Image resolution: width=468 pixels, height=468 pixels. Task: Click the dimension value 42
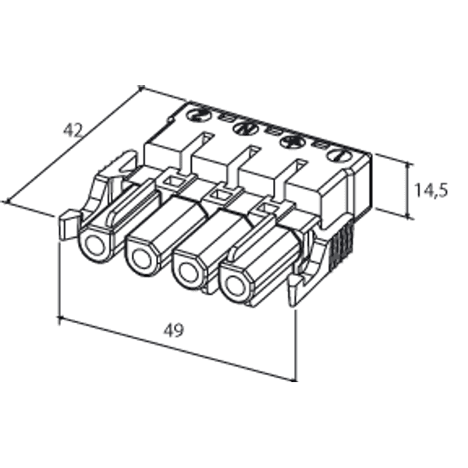coord(73,130)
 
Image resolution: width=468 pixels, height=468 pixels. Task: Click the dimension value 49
coord(173,330)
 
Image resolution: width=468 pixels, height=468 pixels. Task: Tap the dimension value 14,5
coord(431,190)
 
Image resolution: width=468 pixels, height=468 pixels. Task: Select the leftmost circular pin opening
coord(96,247)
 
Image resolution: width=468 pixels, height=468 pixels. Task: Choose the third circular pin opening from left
coord(188,273)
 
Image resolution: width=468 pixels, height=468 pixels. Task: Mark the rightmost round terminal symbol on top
coord(340,155)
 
